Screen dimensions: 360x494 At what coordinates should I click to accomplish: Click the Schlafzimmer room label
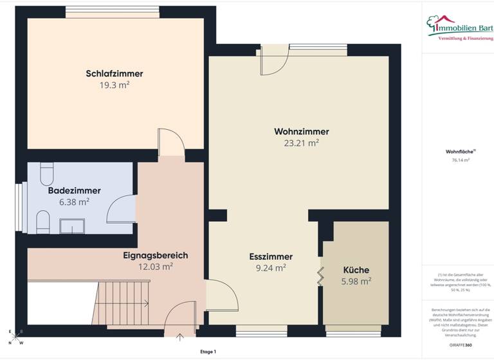(114, 73)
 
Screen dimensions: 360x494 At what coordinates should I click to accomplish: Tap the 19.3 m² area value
(114, 84)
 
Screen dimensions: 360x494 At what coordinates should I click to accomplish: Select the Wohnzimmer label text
(297, 131)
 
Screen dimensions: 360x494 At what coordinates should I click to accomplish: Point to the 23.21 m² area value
(297, 143)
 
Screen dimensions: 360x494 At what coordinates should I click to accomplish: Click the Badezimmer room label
(74, 190)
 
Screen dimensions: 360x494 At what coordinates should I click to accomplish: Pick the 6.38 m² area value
(74, 201)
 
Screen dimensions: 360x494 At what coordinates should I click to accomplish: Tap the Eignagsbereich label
(155, 255)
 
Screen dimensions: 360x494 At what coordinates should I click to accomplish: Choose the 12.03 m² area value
(155, 266)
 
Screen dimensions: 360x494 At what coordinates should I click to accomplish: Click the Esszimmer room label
(271, 256)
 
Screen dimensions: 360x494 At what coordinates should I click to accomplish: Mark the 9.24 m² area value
(271, 268)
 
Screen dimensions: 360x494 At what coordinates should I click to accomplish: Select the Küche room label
(356, 270)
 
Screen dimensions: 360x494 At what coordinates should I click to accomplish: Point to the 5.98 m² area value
(356, 281)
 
